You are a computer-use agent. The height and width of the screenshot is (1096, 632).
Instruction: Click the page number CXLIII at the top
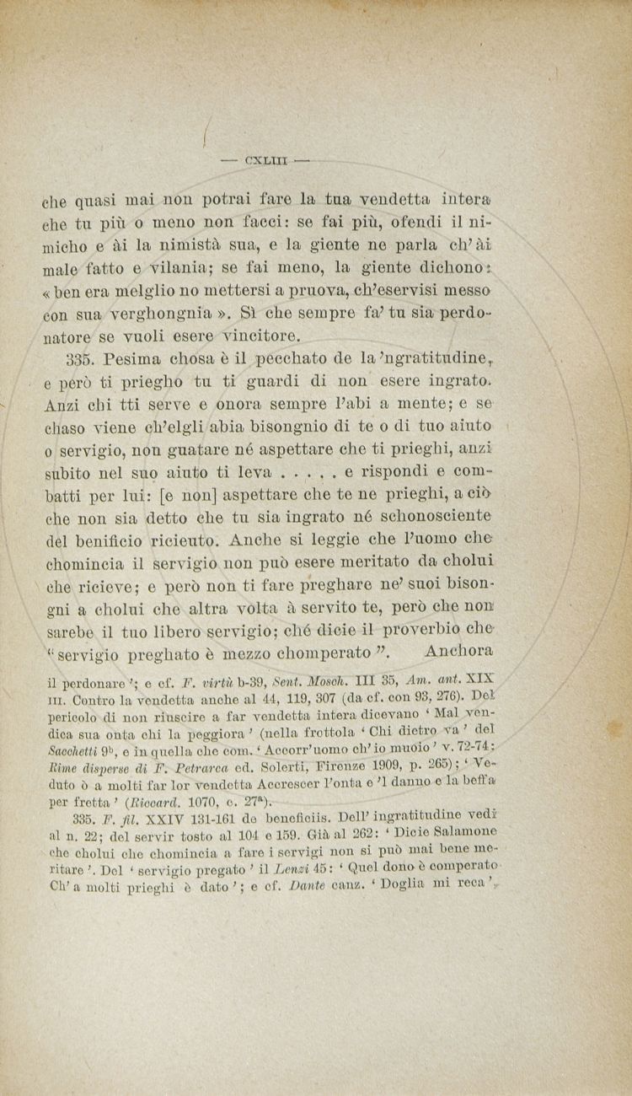[265, 158]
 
